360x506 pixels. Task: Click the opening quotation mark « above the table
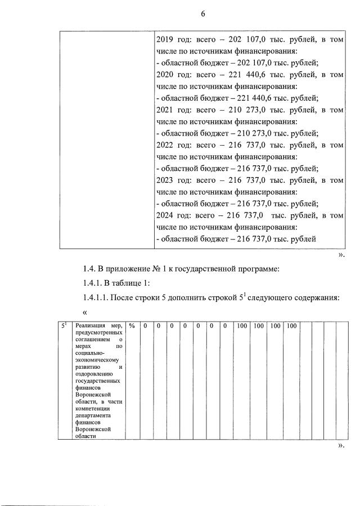[85, 313]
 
